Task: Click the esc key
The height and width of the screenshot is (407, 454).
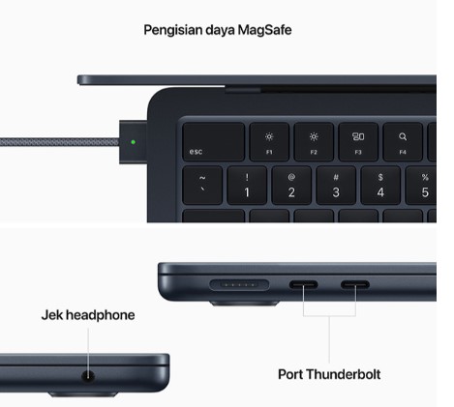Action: pyautogui.click(x=213, y=142)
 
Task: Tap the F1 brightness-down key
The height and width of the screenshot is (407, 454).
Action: pyautogui.click(x=269, y=142)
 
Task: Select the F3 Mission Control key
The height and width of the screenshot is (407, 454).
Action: pyautogui.click(x=358, y=142)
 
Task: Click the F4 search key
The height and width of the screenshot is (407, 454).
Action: pyautogui.click(x=403, y=142)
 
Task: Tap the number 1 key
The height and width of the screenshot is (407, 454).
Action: pyautogui.click(x=247, y=186)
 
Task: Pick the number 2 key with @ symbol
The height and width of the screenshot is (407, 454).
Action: pyautogui.click(x=291, y=186)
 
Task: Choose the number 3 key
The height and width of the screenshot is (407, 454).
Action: pyautogui.click(x=336, y=186)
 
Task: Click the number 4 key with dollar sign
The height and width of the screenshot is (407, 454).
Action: pyautogui.click(x=380, y=186)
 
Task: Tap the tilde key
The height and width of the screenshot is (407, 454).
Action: pyautogui.click(x=202, y=186)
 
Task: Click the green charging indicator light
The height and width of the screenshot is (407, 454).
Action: pyautogui.click(x=134, y=142)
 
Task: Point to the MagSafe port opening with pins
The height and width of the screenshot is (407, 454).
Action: pyautogui.click(x=239, y=285)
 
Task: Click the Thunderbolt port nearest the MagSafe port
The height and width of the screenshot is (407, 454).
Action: pyautogui.click(x=303, y=284)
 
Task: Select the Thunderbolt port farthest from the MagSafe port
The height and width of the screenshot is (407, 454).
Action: pyautogui.click(x=355, y=284)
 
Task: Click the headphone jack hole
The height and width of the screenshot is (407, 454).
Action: pyautogui.click(x=88, y=375)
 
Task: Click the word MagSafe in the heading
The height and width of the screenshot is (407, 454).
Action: pyautogui.click(x=264, y=30)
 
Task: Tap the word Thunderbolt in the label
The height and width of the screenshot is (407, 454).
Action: pyautogui.click(x=344, y=374)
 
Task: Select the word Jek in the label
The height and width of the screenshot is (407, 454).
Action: pyautogui.click(x=51, y=315)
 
